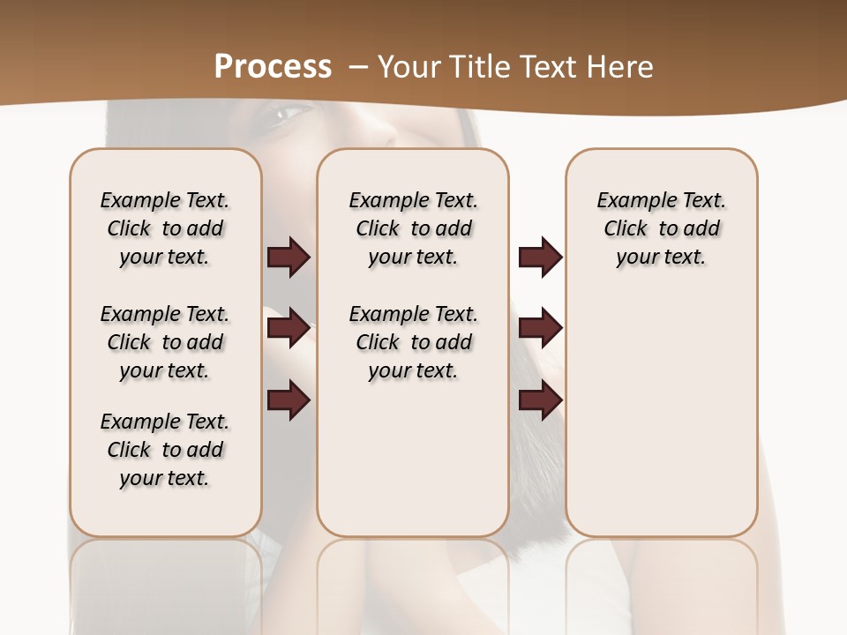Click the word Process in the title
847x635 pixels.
273,66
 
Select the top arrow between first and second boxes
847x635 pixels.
289,257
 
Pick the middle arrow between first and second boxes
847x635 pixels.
289,328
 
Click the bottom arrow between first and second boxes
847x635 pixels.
289,400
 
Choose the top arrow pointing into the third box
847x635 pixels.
540,257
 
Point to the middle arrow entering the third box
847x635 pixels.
540,328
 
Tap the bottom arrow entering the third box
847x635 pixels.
540,400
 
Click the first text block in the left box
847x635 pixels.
165,228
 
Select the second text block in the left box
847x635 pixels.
165,342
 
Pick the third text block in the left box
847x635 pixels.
165,450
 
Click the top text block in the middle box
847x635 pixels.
414,228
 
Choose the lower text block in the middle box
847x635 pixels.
414,342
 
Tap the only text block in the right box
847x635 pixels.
662,228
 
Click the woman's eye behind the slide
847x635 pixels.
290,114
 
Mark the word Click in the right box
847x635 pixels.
626,228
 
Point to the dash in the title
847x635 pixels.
358,66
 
